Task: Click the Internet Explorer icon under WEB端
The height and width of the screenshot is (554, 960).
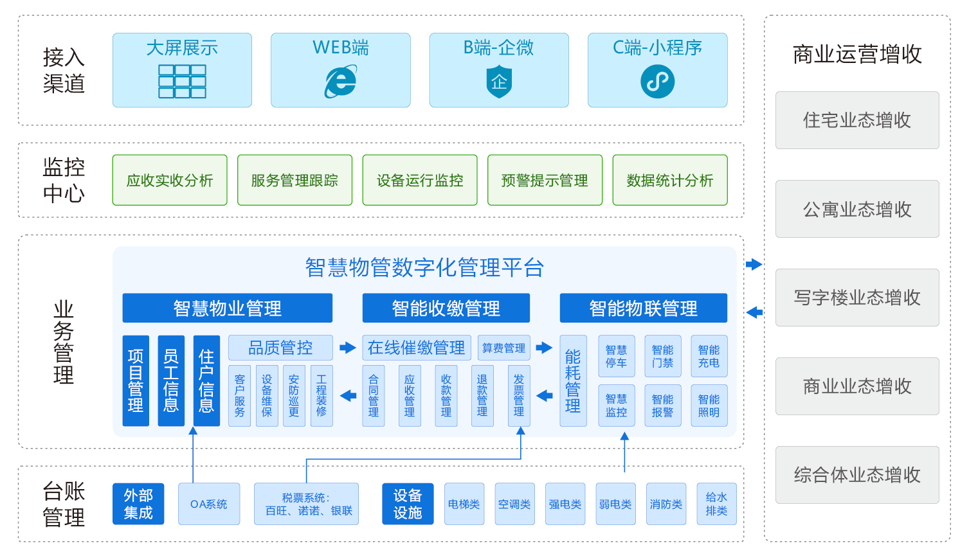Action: pos(341,82)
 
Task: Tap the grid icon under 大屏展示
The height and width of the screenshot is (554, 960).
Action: pos(182,82)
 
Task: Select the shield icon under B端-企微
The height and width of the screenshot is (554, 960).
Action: pos(499,82)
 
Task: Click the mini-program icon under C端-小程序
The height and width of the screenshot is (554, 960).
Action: pos(657,82)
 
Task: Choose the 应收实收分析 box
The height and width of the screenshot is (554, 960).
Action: pos(170,181)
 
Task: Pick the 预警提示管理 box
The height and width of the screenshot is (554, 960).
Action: pos(545,181)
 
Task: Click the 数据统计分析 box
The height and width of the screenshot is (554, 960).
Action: pos(670,181)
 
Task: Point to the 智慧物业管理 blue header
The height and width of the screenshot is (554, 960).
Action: pos(227,308)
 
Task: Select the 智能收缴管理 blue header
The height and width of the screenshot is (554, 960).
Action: pos(446,308)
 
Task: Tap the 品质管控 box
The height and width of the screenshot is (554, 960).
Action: pos(280,348)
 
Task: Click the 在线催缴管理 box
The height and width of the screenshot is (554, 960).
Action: pos(417,348)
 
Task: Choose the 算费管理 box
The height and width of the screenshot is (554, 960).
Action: pos(503,348)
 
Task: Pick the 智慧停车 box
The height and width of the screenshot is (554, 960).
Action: pos(616,356)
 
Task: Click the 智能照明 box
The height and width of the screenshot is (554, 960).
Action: pos(709,406)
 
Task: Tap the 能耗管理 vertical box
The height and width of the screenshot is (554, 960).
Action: pos(573,381)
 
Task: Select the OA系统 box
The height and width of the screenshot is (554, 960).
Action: pos(209,504)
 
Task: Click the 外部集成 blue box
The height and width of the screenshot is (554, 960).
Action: pos(138,504)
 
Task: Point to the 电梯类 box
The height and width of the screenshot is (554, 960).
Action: pos(464,504)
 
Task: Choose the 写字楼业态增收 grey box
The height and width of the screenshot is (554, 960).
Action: pos(857,298)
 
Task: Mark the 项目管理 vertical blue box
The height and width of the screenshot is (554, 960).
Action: pos(136,380)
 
